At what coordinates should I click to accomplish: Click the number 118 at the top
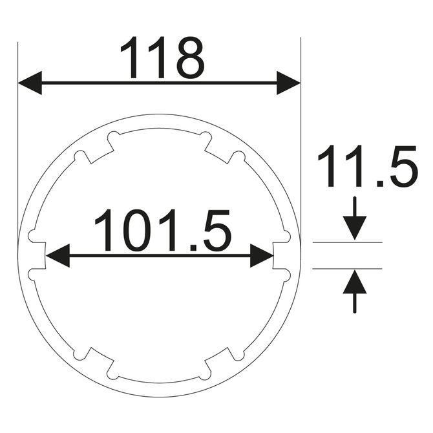[162, 58]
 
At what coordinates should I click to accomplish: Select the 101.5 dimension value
[162, 231]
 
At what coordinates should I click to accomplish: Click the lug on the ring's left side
[37, 255]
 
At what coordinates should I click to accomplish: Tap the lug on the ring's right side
[280, 255]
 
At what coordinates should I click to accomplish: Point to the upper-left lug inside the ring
[97, 149]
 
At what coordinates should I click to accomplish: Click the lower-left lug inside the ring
[97, 363]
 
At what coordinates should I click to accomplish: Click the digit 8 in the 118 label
[190, 58]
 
